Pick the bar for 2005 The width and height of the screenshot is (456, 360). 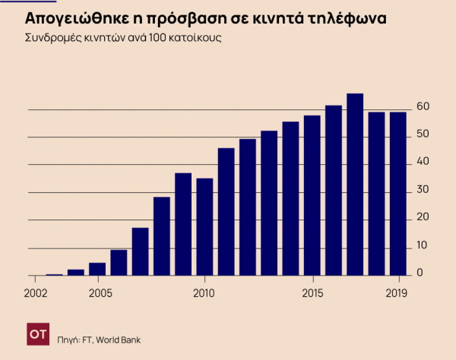click(97, 269)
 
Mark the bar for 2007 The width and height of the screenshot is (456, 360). click(140, 251)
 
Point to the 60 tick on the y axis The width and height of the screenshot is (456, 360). click(424, 107)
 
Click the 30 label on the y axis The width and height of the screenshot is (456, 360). click(424, 189)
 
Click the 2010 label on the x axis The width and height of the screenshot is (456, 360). click(204, 292)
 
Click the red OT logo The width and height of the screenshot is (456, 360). click(37, 333)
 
